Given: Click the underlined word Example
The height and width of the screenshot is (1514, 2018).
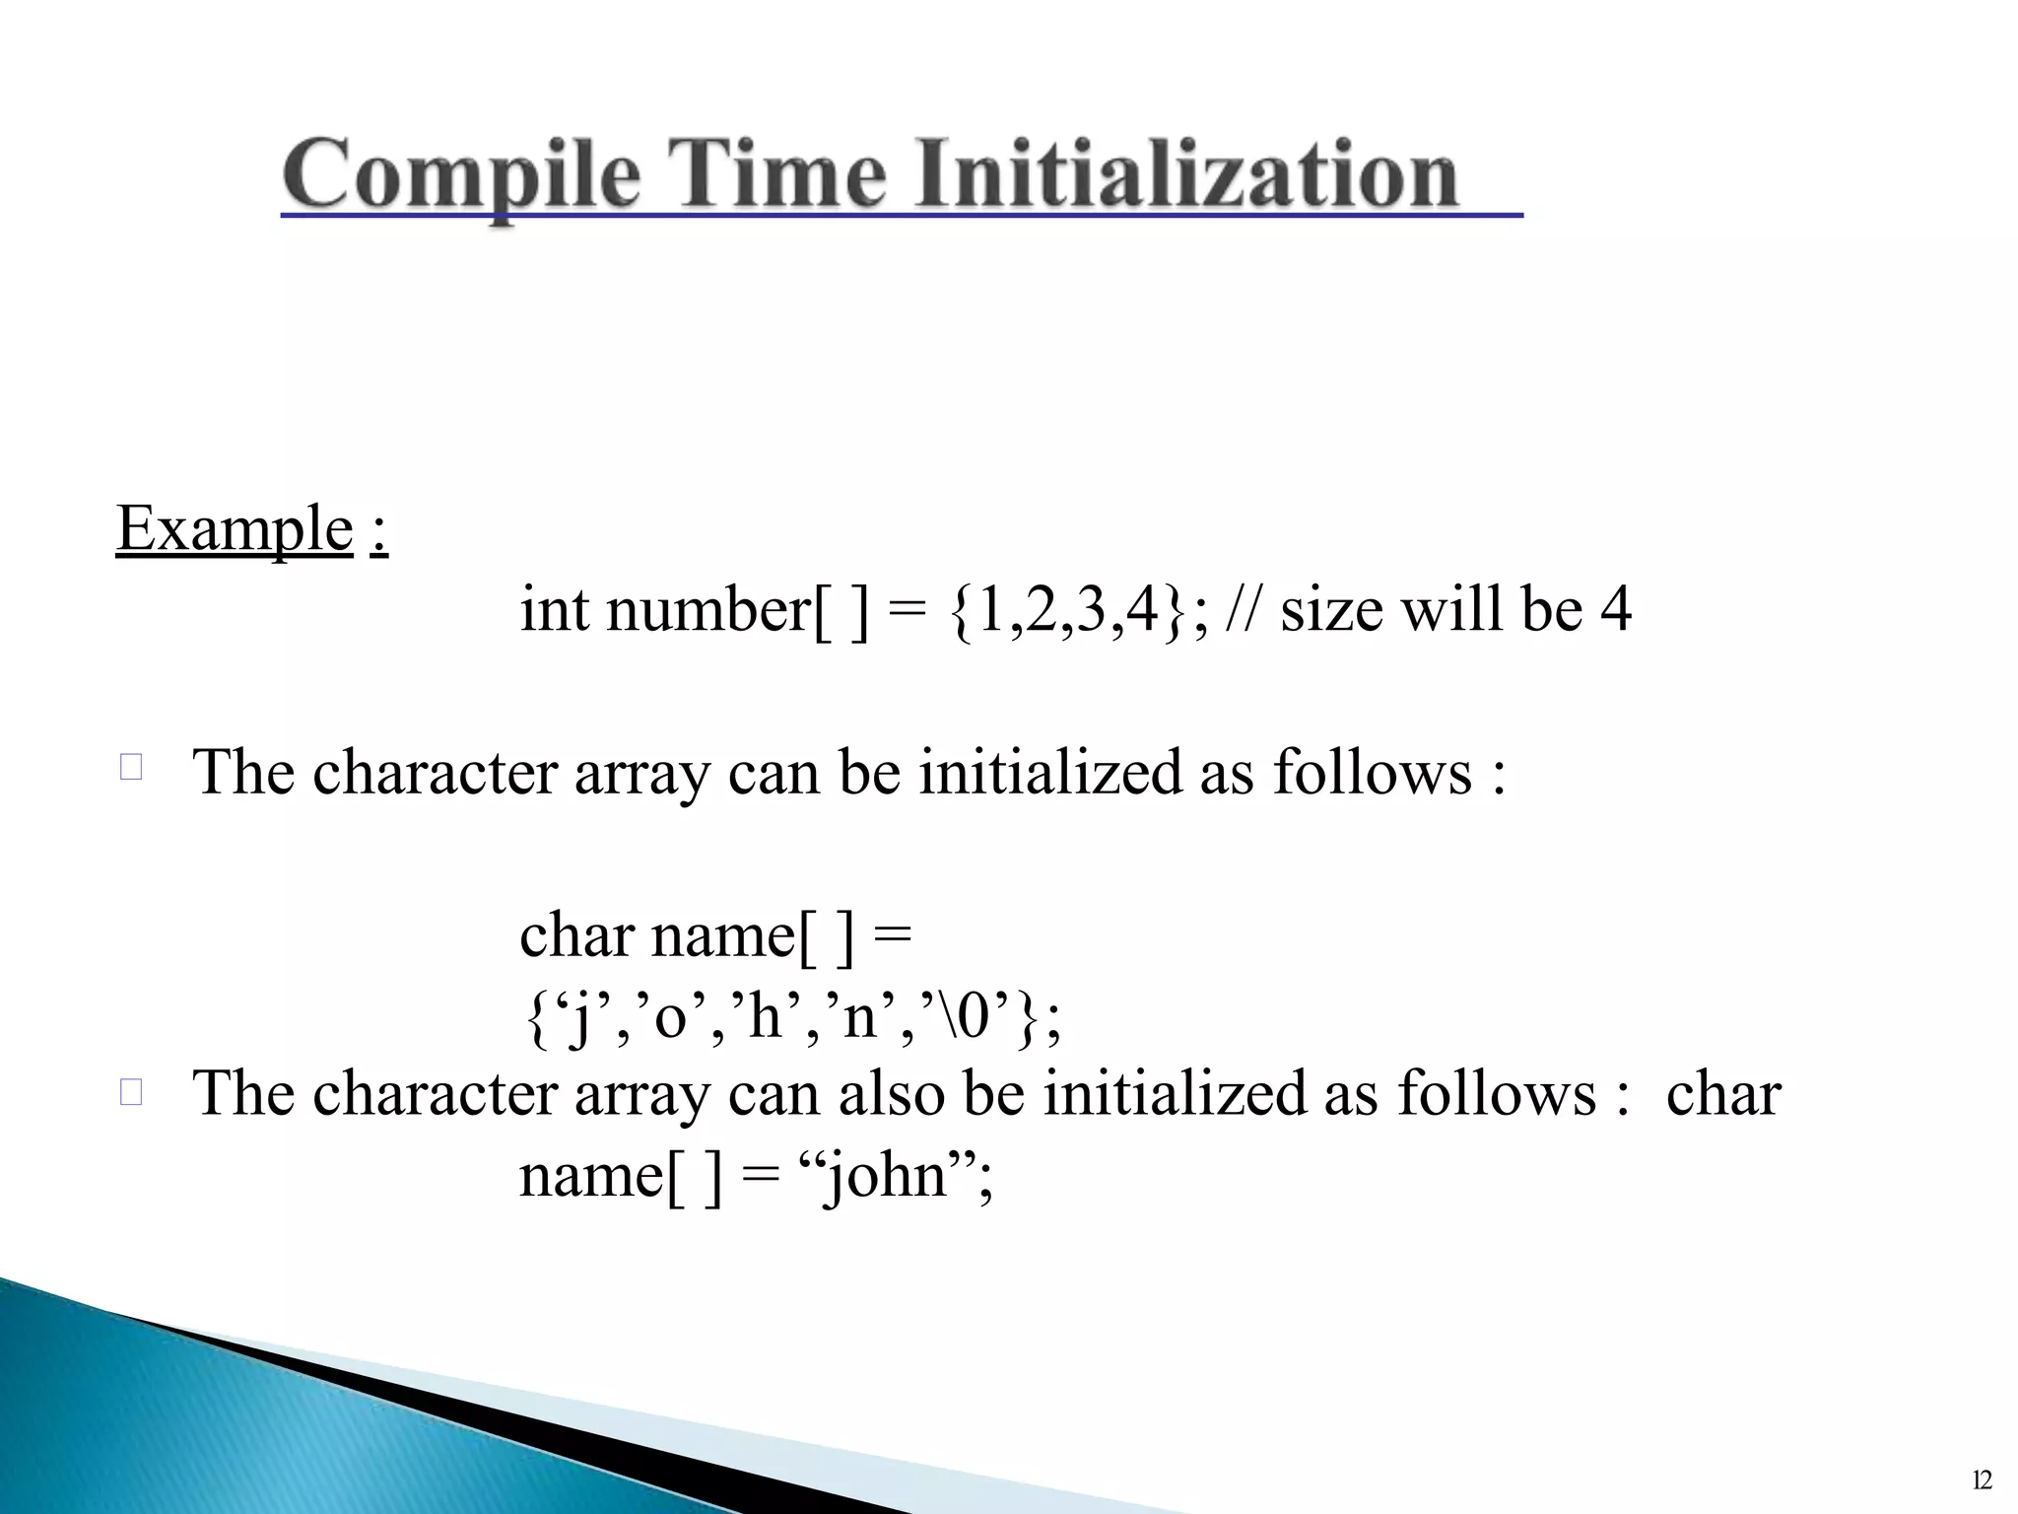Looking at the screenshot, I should pyautogui.click(x=235, y=529).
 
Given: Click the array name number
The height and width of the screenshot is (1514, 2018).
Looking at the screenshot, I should pyautogui.click(x=707, y=610).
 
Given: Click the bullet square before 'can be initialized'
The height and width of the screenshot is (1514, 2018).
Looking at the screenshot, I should pyautogui.click(x=131, y=767).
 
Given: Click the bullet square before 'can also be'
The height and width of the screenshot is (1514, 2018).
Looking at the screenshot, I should pyautogui.click(x=131, y=1091).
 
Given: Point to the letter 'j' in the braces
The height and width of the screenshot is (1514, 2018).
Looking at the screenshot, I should pyautogui.click(x=581, y=1017).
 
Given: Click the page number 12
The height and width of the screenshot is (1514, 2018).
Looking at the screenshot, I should pyautogui.click(x=1982, y=1480).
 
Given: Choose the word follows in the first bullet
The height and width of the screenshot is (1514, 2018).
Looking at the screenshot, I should pyautogui.click(x=1372, y=772).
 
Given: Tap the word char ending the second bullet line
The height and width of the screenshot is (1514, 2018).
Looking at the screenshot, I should pyautogui.click(x=1722, y=1094).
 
